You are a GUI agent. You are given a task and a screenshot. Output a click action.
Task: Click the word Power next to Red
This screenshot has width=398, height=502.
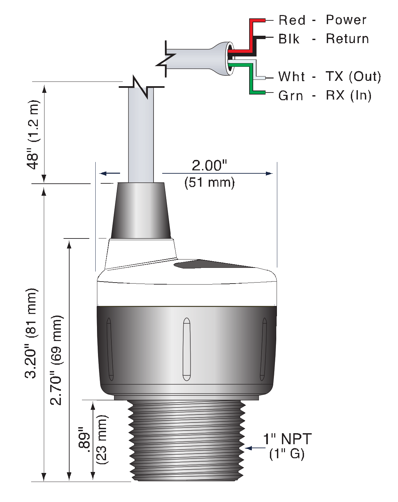346,20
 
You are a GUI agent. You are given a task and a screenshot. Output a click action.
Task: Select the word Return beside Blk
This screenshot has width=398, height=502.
347,39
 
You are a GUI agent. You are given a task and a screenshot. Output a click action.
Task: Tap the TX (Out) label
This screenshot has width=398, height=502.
353,77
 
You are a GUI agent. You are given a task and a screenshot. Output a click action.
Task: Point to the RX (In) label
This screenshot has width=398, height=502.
349,96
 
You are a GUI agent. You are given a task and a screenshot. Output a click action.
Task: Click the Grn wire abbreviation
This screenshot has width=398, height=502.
291,96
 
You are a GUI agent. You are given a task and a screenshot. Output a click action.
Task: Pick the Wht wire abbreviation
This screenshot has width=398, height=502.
291,77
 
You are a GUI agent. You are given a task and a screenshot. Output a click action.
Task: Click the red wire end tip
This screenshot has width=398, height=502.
264,20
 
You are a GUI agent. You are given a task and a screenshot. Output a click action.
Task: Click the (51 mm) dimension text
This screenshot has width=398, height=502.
210,183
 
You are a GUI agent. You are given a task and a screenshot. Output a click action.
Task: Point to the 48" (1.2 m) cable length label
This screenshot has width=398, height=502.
33,135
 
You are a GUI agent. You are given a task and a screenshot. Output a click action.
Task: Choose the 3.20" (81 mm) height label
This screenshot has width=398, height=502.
31,333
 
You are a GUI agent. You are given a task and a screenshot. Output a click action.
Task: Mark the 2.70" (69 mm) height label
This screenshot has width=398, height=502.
56,360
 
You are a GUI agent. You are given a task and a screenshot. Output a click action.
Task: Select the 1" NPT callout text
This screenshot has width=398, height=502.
287,439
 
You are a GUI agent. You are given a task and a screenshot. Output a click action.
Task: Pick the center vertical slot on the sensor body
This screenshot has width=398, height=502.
187,349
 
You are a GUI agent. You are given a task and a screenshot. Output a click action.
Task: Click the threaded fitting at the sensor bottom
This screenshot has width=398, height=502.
187,441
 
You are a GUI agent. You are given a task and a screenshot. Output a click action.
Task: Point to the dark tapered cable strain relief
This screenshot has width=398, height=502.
141,210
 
